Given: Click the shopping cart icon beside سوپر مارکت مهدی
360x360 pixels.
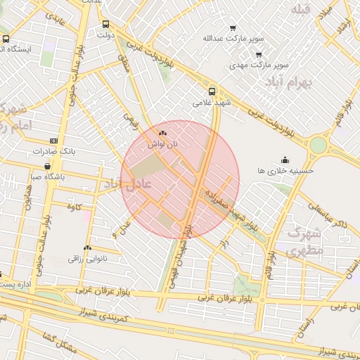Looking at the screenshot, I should [x=259, y=55].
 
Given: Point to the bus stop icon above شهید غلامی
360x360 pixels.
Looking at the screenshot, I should [x=212, y=91].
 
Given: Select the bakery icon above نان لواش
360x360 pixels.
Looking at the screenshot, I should [x=163, y=132].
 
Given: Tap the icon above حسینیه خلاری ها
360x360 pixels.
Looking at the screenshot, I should [x=285, y=160].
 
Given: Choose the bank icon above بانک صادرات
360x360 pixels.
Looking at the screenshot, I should [x=54, y=141].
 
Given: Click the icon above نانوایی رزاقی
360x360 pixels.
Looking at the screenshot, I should [x=87, y=247].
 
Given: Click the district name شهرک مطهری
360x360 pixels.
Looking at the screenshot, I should [x=304, y=240].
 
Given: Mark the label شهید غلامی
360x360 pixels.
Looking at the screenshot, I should [x=212, y=103].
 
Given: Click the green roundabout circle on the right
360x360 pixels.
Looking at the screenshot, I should [x=319, y=145].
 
